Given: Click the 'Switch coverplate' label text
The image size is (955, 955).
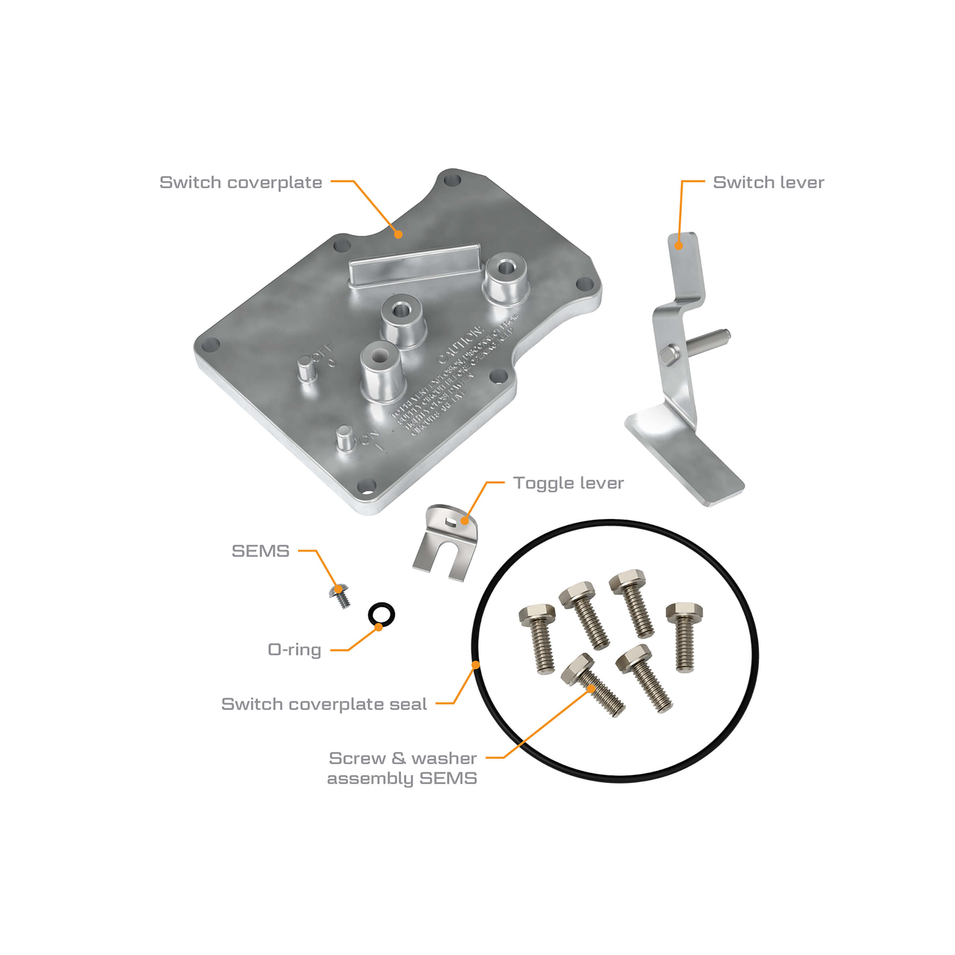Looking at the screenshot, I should [x=241, y=182].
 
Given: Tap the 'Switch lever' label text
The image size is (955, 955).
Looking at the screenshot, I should [x=768, y=182].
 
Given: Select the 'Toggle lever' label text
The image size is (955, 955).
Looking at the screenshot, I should [x=569, y=483].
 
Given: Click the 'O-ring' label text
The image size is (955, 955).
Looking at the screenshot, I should [x=294, y=649].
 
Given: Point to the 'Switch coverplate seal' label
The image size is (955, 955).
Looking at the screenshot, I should [x=324, y=704].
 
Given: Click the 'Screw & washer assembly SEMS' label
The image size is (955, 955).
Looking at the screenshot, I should [x=402, y=768].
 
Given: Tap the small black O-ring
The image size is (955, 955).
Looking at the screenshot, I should [x=382, y=614].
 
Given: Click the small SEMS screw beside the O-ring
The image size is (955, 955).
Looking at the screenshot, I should [x=341, y=596].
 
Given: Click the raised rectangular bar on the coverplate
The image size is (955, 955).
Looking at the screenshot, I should [x=414, y=265].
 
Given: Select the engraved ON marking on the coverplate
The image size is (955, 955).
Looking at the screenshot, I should [x=370, y=437].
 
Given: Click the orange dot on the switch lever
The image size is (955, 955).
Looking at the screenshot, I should [x=679, y=246].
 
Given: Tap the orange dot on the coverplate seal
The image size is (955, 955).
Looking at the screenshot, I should [x=476, y=665].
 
